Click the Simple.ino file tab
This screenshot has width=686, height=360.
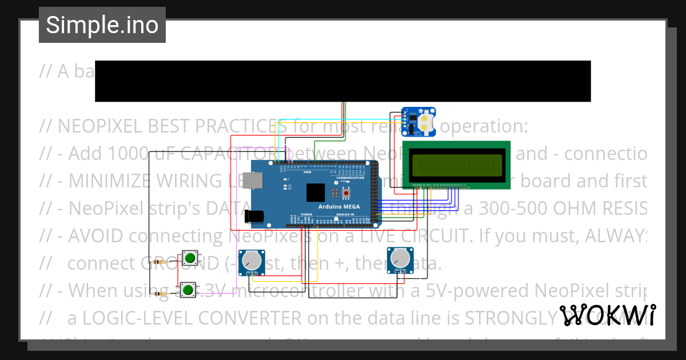[x=102, y=25]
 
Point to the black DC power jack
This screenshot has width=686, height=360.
[x=253, y=215]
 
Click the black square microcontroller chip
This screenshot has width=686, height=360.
[x=316, y=192]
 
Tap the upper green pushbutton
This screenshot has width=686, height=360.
[x=190, y=259]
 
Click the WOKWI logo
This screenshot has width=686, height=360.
[x=607, y=315]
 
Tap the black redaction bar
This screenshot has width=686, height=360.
[x=342, y=81]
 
